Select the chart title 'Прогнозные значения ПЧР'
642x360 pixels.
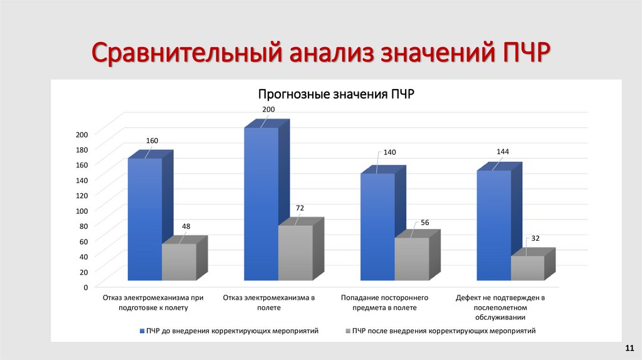pos(336,95)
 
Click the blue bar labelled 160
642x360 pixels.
pos(145,220)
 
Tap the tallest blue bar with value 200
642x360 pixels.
pos(261,204)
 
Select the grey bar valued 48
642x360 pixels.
pos(179,262)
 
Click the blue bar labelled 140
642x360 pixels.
pos(377,226)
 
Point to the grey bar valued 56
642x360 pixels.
pos(412,258)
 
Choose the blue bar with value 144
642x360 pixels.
pos(494,225)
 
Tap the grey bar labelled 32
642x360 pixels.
pos(528,268)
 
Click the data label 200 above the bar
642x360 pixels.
pos(268,110)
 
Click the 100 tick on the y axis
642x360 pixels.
pos(82,210)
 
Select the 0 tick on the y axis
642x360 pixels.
pos(85,287)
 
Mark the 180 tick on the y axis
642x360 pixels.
pos(82,149)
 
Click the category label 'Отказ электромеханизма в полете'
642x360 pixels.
pos(268,302)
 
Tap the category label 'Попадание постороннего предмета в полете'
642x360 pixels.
pos(384,302)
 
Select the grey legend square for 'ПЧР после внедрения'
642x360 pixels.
pos(348,331)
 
